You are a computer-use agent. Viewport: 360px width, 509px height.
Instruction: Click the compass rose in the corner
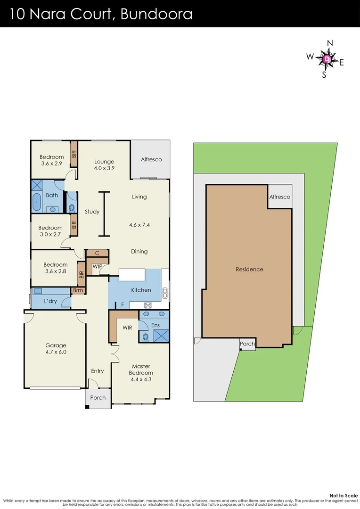pyautogui.click(x=327, y=59)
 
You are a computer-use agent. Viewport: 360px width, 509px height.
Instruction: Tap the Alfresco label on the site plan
pyautogui.click(x=279, y=197)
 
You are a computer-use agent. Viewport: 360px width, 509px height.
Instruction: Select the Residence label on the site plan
pyautogui.click(x=249, y=269)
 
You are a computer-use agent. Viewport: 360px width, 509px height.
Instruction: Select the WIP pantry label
pyautogui.click(x=97, y=267)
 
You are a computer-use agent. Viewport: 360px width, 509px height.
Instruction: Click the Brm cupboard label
pyautogui.click(x=78, y=290)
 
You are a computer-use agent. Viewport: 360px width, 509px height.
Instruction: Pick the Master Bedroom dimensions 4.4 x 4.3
pyautogui.click(x=141, y=379)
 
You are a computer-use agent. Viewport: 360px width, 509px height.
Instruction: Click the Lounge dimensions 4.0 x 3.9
pyautogui.click(x=104, y=168)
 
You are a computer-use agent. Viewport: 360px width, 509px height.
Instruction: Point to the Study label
pyautogui.click(x=92, y=212)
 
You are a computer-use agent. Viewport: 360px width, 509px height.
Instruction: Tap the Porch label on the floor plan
pyautogui.click(x=98, y=397)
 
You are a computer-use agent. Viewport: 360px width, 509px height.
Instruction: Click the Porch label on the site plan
pyautogui.click(x=247, y=344)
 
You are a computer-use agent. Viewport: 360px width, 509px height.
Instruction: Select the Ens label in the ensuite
pyautogui.click(x=155, y=325)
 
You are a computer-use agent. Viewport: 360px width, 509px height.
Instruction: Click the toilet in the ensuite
pyautogui.click(x=146, y=337)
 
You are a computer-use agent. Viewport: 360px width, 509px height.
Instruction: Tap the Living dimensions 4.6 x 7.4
pyautogui.click(x=139, y=225)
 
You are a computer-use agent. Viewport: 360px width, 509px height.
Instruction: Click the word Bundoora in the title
pyautogui.click(x=156, y=14)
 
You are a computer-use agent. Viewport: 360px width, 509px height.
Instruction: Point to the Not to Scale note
pyautogui.click(x=344, y=495)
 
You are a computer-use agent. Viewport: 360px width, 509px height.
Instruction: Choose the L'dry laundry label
pyautogui.click(x=50, y=301)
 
